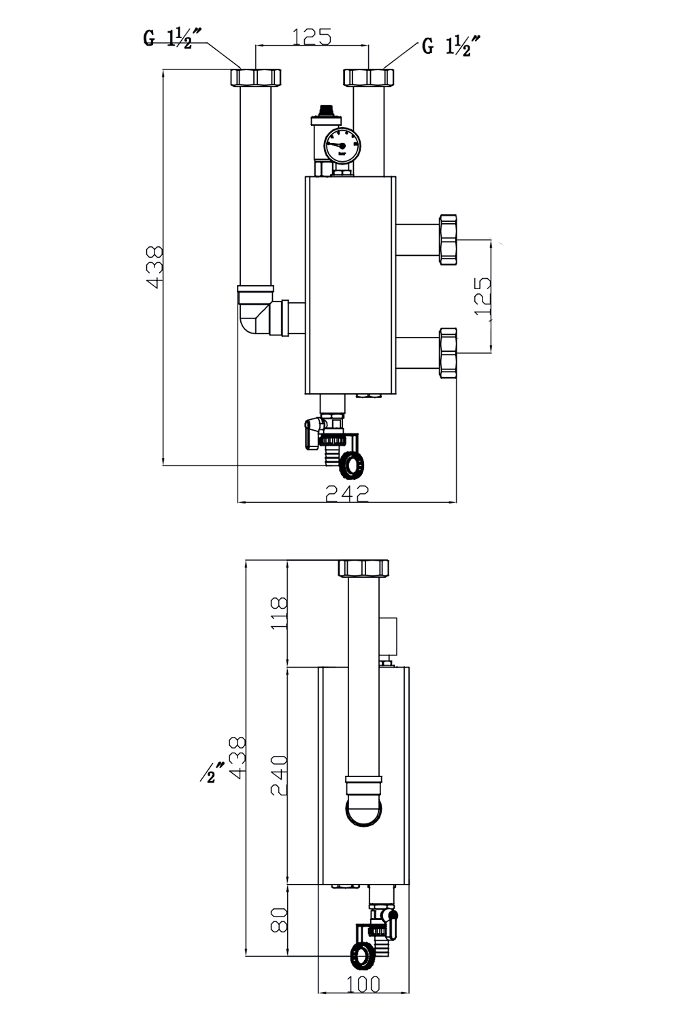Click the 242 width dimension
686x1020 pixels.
coord(347,493)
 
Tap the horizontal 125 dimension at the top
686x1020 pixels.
coord(312,37)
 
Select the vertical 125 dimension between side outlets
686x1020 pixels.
coord(482,296)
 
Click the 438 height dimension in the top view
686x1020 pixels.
coord(155,267)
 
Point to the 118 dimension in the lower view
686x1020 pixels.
coord(280,613)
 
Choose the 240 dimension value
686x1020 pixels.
coord(280,775)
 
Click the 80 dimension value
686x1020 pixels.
coord(280,919)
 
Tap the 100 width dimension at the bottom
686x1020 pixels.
coord(363,984)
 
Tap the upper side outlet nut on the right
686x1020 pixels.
coord(448,240)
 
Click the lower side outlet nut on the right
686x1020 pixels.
coord(448,352)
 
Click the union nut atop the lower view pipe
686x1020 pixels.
coord(364,567)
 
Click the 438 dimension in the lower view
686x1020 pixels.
coord(238,757)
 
